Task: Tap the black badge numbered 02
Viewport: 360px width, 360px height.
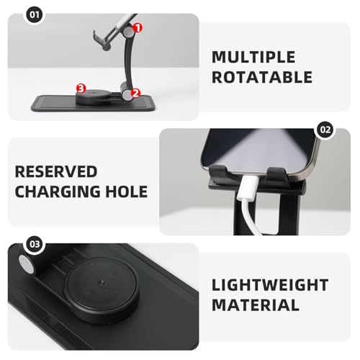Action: (x=325, y=130)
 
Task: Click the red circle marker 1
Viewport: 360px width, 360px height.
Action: (x=138, y=27)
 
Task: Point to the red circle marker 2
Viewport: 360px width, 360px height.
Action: (x=135, y=94)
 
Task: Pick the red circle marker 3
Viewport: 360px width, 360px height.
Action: (x=81, y=88)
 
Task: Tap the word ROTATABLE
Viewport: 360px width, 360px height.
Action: (x=262, y=78)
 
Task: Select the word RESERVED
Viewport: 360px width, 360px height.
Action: (x=56, y=172)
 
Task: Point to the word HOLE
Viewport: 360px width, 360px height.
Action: (x=127, y=192)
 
